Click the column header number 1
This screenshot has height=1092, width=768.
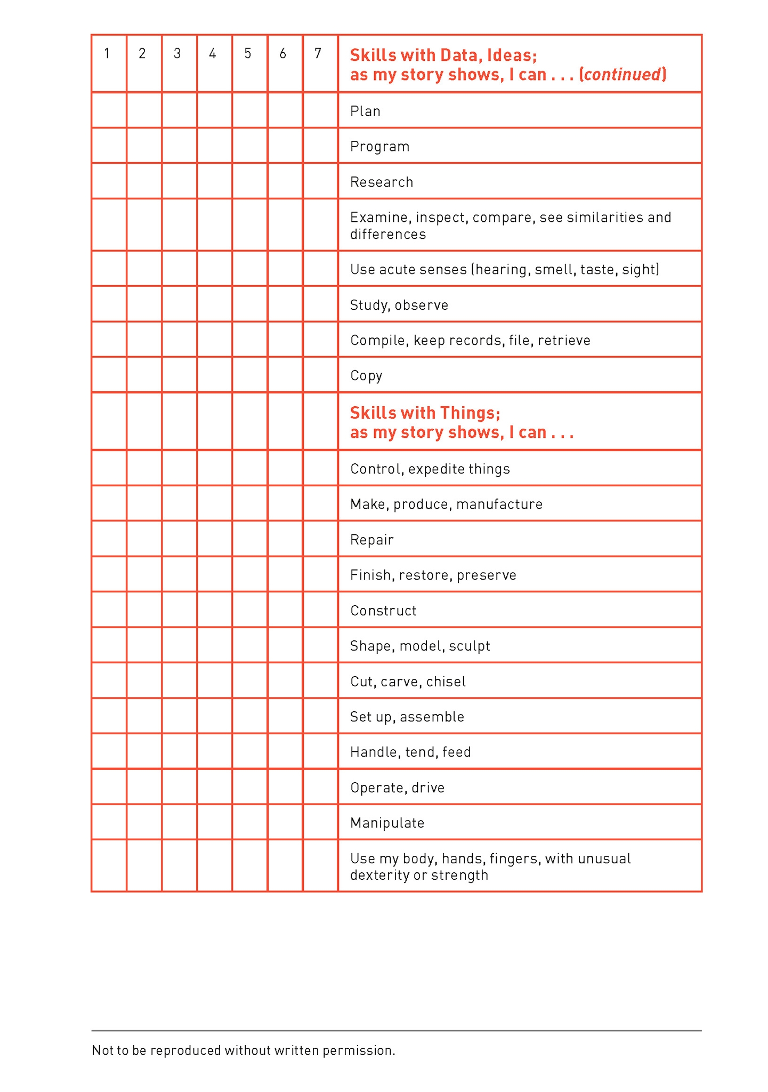coord(107,53)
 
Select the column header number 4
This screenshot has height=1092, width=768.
coord(213,53)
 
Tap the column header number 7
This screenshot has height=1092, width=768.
coord(318,53)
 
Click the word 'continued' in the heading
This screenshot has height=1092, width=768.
coord(623,74)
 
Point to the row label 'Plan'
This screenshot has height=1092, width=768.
coord(365,111)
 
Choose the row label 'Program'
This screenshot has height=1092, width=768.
coord(379,147)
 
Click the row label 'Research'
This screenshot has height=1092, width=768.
coord(382,182)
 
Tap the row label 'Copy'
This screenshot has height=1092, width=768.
coord(366,376)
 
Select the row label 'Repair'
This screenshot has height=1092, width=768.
coord(371,540)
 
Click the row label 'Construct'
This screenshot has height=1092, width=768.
coord(383,611)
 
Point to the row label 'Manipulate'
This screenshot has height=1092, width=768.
coord(387,823)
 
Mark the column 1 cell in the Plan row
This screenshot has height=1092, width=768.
coord(109,110)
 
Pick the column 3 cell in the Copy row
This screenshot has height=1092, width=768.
coord(179,375)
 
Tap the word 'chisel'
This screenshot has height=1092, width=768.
coord(446,682)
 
